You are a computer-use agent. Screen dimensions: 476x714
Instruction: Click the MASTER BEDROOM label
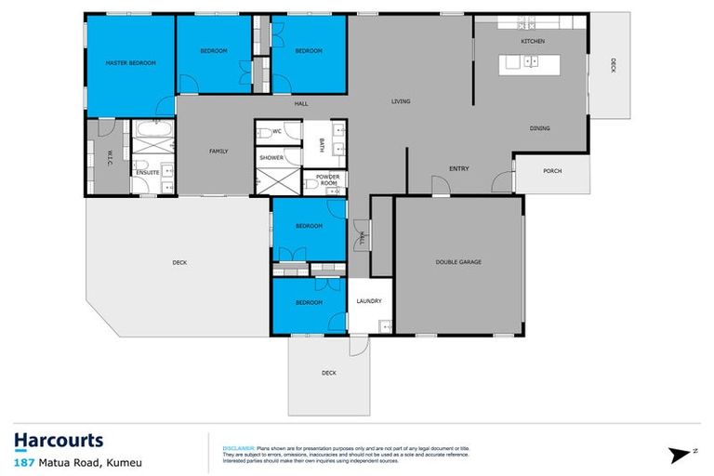tap(130, 62)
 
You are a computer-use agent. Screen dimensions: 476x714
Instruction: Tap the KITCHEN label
tap(532, 42)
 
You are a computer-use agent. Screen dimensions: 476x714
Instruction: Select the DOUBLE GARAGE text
tap(458, 262)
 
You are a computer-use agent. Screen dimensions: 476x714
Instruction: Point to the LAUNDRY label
tap(370, 300)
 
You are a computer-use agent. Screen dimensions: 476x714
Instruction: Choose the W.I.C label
tap(109, 155)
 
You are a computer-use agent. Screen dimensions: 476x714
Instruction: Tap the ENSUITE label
tap(147, 173)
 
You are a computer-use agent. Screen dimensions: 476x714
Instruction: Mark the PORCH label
tap(552, 170)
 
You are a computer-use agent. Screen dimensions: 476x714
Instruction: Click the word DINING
tap(540, 128)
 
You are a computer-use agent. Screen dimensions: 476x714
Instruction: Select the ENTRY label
tap(458, 168)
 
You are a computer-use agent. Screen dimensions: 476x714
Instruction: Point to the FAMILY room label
tap(218, 151)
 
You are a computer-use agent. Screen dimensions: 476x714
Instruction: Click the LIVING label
tap(401, 101)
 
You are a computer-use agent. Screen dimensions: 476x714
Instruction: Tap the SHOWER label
tap(271, 158)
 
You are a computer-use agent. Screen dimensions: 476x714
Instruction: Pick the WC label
tap(276, 131)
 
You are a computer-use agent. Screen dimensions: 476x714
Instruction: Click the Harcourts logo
tap(59, 440)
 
